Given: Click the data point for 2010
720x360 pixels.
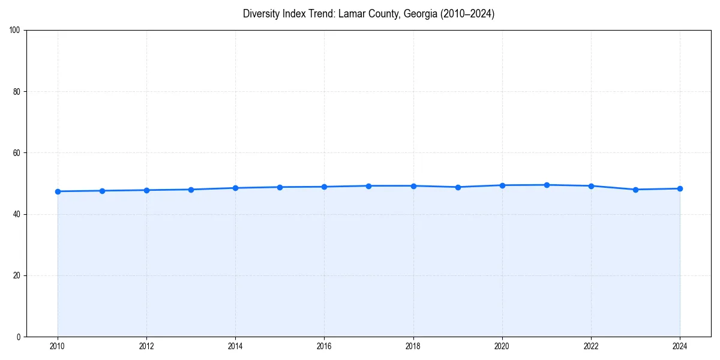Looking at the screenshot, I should pyautogui.click(x=58, y=191).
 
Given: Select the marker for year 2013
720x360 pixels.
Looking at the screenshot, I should pyautogui.click(x=191, y=190).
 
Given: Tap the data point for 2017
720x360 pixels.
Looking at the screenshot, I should pyautogui.click(x=368, y=186).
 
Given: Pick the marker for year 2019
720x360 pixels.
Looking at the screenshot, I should pyautogui.click(x=458, y=187).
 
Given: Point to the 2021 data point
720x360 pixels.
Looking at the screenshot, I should pyautogui.click(x=547, y=185).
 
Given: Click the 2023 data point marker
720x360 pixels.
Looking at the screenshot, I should pyautogui.click(x=635, y=190).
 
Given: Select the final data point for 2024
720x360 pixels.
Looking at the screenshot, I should pyautogui.click(x=680, y=188).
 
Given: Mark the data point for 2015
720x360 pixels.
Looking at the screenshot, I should pyautogui.click(x=280, y=187).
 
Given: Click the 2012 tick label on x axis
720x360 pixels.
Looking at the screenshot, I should pyautogui.click(x=146, y=346).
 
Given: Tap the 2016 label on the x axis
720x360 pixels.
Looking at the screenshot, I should pyautogui.click(x=324, y=346).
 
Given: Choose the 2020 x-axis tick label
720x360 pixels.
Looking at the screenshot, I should pyautogui.click(x=502, y=346).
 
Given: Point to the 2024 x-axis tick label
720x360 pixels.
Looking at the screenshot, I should pyautogui.click(x=680, y=346).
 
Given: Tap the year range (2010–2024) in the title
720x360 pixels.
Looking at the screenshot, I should pyautogui.click(x=467, y=14).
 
